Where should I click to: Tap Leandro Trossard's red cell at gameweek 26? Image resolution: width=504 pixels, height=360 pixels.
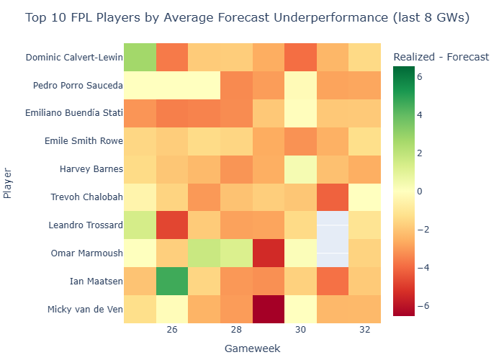pos(172,225)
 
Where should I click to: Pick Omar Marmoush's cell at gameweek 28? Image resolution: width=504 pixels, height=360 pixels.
pos(236,253)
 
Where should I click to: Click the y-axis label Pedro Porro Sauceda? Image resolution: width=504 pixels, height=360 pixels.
pos(78,86)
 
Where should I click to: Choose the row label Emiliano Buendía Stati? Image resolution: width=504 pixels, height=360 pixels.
pos(75,113)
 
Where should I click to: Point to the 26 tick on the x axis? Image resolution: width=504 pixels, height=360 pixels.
pos(172,328)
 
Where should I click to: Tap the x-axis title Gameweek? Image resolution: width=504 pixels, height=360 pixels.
pos(252,348)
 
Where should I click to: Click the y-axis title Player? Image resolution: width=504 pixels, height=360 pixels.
pos(8,183)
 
